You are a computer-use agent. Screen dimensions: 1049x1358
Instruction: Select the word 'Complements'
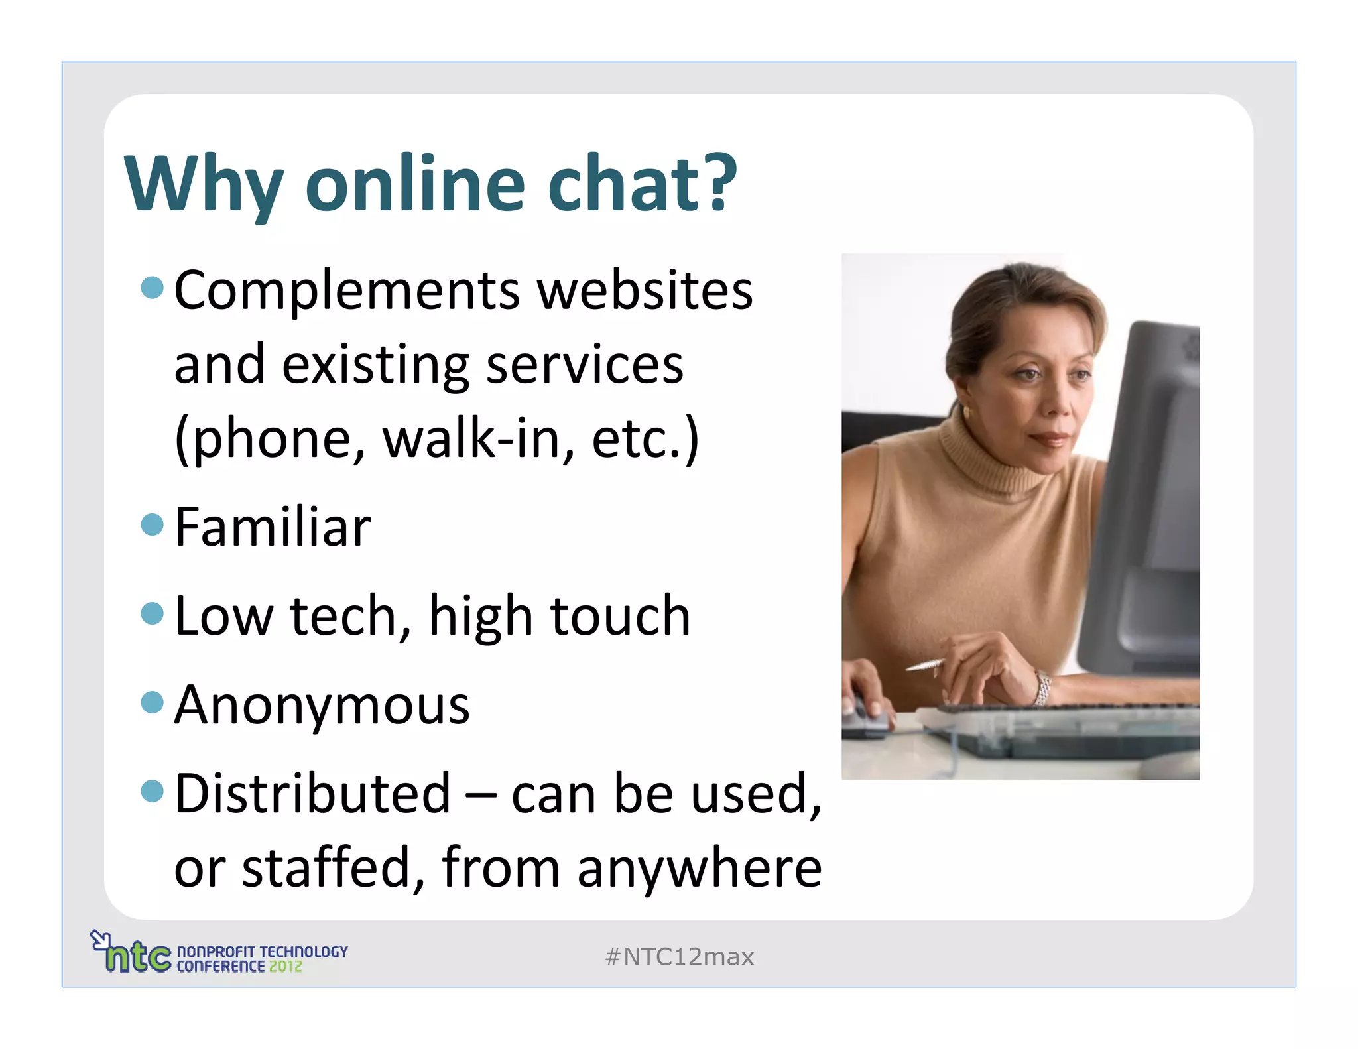tap(347, 292)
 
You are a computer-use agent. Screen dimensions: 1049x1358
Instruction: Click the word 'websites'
tap(645, 292)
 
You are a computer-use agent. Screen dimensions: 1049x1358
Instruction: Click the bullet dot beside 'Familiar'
tap(153, 524)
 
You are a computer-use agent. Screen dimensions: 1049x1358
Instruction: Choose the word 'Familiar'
tap(273, 528)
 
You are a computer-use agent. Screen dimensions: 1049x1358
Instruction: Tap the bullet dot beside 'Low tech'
tap(153, 613)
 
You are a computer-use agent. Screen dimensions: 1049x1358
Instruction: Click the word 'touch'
tap(621, 616)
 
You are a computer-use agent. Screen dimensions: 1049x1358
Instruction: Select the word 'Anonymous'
tap(322, 706)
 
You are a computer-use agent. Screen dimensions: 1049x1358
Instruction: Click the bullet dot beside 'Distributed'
tap(153, 790)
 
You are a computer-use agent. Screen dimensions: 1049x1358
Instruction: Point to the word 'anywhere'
tap(700, 869)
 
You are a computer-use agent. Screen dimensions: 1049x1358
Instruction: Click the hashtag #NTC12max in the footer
tap(680, 957)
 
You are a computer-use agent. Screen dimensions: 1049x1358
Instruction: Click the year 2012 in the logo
tap(285, 967)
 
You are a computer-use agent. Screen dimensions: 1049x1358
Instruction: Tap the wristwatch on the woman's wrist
tap(1042, 687)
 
